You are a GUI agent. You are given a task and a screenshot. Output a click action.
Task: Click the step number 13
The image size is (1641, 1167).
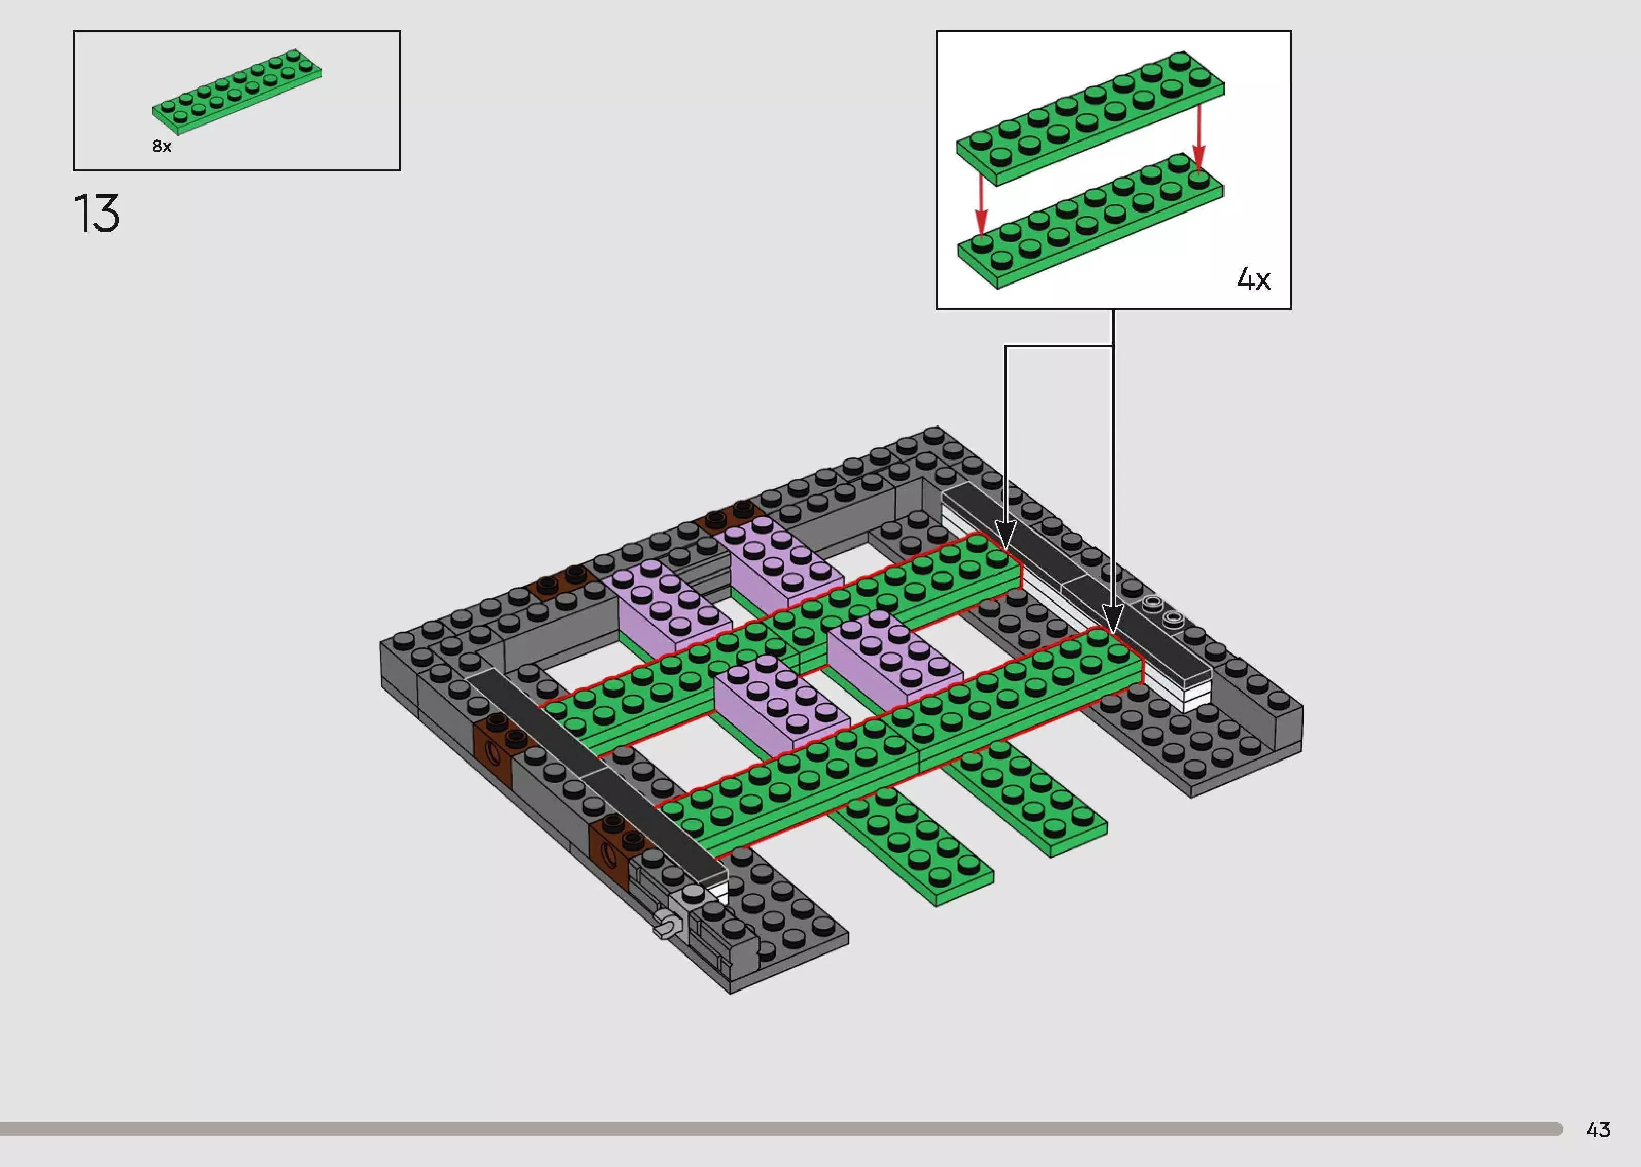[96, 214]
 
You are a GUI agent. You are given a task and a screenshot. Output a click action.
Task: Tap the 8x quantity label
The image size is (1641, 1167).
[162, 147]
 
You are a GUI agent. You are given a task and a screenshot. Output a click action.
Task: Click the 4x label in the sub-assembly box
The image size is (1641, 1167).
[1253, 279]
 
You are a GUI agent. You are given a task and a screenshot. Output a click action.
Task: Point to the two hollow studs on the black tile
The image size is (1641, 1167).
[1163, 610]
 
